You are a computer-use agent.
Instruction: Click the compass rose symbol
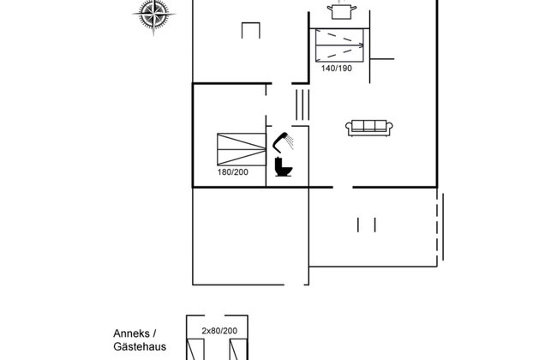coord(153,15)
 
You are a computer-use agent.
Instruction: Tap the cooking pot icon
coord(342,10)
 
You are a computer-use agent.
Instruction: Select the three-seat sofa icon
coord(369,128)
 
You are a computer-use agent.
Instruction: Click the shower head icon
coord(283,142)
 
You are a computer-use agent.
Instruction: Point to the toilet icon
coord(284,167)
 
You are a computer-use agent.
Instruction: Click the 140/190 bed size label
coord(337,69)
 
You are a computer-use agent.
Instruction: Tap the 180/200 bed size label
coord(233,172)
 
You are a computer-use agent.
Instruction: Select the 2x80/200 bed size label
coord(219,331)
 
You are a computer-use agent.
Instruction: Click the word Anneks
coord(131,333)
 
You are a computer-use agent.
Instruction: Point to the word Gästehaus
coord(140,346)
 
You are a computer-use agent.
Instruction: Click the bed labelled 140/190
coord(339,45)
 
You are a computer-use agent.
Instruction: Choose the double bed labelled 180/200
coord(242,149)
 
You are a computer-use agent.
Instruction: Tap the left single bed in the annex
coord(195,350)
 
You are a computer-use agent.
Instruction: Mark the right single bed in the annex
coord(238,350)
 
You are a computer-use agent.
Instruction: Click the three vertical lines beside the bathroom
coord(302,105)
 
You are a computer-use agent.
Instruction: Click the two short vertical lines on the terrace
coord(367,225)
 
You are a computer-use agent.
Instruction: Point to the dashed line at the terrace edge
coord(437,226)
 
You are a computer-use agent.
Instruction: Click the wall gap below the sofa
coord(343,187)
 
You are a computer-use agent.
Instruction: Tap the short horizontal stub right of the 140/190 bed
coord(382,59)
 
